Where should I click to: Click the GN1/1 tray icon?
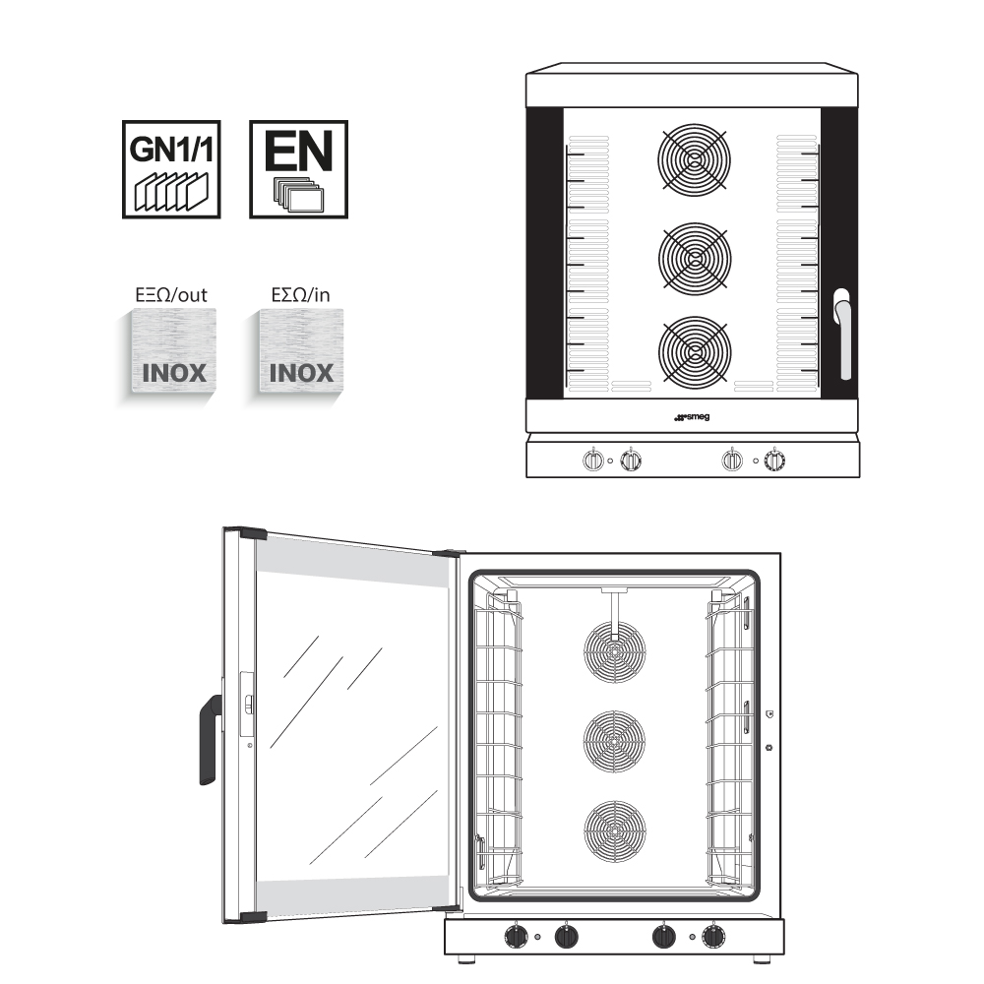[x=170, y=169]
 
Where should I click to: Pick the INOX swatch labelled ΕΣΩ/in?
[x=299, y=355]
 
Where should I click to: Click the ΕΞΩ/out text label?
[x=170, y=294]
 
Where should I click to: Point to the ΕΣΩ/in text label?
[x=299, y=294]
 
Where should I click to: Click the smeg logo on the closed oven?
[x=692, y=417]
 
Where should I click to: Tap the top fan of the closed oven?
[x=695, y=159]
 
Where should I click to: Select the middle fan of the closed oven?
[x=695, y=257]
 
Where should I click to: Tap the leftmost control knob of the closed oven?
[x=593, y=460]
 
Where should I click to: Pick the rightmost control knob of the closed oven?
[x=776, y=460]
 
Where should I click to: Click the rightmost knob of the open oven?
[x=712, y=936]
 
